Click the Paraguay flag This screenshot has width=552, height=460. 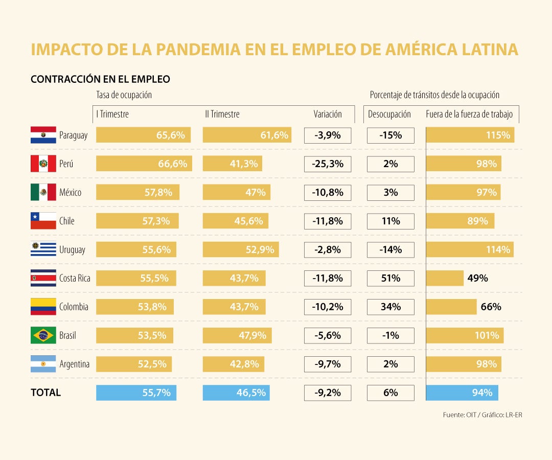(43, 135)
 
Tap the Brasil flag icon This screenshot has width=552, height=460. (43, 335)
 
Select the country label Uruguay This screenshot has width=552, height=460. (72, 250)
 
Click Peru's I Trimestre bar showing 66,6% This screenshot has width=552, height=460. (144, 164)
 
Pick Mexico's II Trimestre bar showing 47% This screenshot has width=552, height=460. (237, 193)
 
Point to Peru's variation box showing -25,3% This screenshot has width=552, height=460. (328, 164)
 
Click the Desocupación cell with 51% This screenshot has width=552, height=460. (390, 279)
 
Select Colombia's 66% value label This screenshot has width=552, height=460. (491, 307)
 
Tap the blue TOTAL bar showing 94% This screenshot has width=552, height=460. (462, 393)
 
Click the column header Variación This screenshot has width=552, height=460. (328, 114)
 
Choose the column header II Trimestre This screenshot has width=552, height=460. (222, 114)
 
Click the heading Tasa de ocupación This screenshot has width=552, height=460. (124, 95)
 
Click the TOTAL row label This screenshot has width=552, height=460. (45, 393)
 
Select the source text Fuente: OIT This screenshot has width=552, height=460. (460, 415)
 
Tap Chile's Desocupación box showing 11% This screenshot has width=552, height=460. (390, 221)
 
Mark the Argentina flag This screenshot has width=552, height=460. (43, 364)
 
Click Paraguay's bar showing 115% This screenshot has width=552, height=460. (470, 135)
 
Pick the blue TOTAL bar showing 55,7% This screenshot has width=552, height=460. (136, 393)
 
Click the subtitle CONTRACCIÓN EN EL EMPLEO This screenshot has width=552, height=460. (100, 79)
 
